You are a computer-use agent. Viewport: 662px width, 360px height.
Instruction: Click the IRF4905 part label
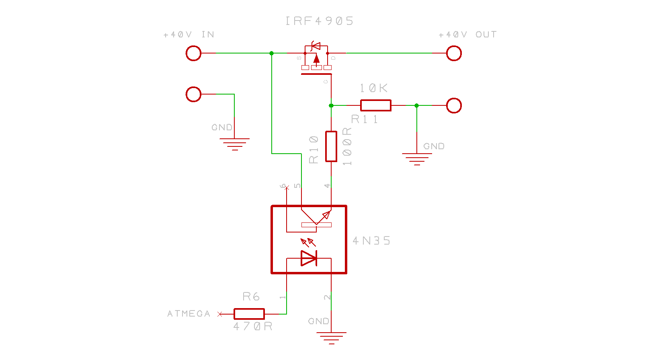(x=319, y=21)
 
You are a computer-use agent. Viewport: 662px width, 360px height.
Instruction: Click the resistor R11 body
(x=376, y=105)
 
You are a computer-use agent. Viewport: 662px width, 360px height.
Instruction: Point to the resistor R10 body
(x=331, y=146)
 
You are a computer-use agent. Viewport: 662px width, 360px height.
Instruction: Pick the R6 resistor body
(x=249, y=314)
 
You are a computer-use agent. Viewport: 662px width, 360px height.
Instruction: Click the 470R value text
(x=253, y=326)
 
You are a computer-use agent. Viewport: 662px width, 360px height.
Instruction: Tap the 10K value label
(x=373, y=88)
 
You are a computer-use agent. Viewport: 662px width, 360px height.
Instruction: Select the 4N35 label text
(x=371, y=241)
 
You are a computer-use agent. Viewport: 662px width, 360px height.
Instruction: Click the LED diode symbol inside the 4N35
(x=309, y=258)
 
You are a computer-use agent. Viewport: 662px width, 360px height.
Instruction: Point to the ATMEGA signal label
(x=189, y=314)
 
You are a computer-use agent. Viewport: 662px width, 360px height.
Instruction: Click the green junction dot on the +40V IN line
(x=272, y=53)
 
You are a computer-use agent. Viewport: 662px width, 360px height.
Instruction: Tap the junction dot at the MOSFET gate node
(x=331, y=105)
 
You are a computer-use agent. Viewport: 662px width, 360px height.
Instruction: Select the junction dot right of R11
(x=417, y=105)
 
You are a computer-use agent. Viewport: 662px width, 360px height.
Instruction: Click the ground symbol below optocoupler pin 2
(x=331, y=338)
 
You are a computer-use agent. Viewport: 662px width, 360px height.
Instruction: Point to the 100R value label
(x=347, y=146)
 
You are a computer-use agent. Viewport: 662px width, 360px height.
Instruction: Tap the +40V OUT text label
(x=467, y=35)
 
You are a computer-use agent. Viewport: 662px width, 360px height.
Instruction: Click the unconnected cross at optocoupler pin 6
(x=287, y=188)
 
